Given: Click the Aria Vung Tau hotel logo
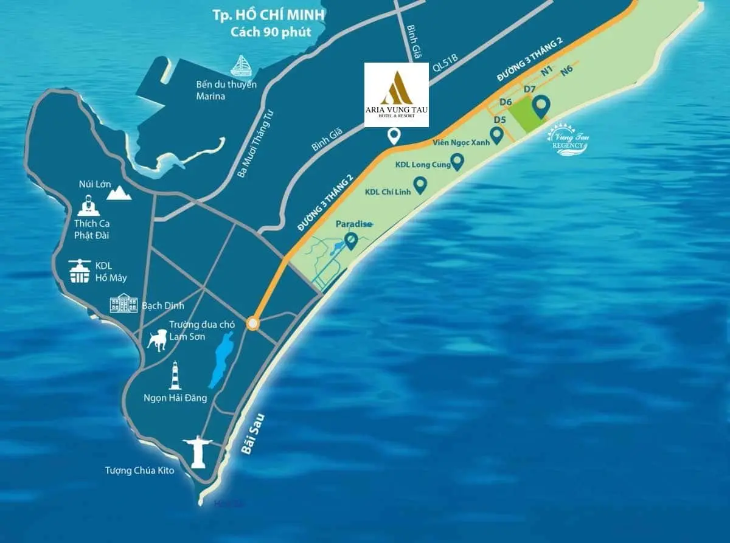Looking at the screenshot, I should point(396,94).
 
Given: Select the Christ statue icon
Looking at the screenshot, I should point(198,450).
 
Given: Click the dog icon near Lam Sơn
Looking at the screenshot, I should point(157,340).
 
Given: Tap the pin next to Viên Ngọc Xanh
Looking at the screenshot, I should point(497,134).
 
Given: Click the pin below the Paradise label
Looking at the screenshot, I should point(351,241).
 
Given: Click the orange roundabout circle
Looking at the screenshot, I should point(252,323).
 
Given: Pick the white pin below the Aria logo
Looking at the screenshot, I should point(395,137).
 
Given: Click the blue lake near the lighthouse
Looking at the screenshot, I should point(216,362).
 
